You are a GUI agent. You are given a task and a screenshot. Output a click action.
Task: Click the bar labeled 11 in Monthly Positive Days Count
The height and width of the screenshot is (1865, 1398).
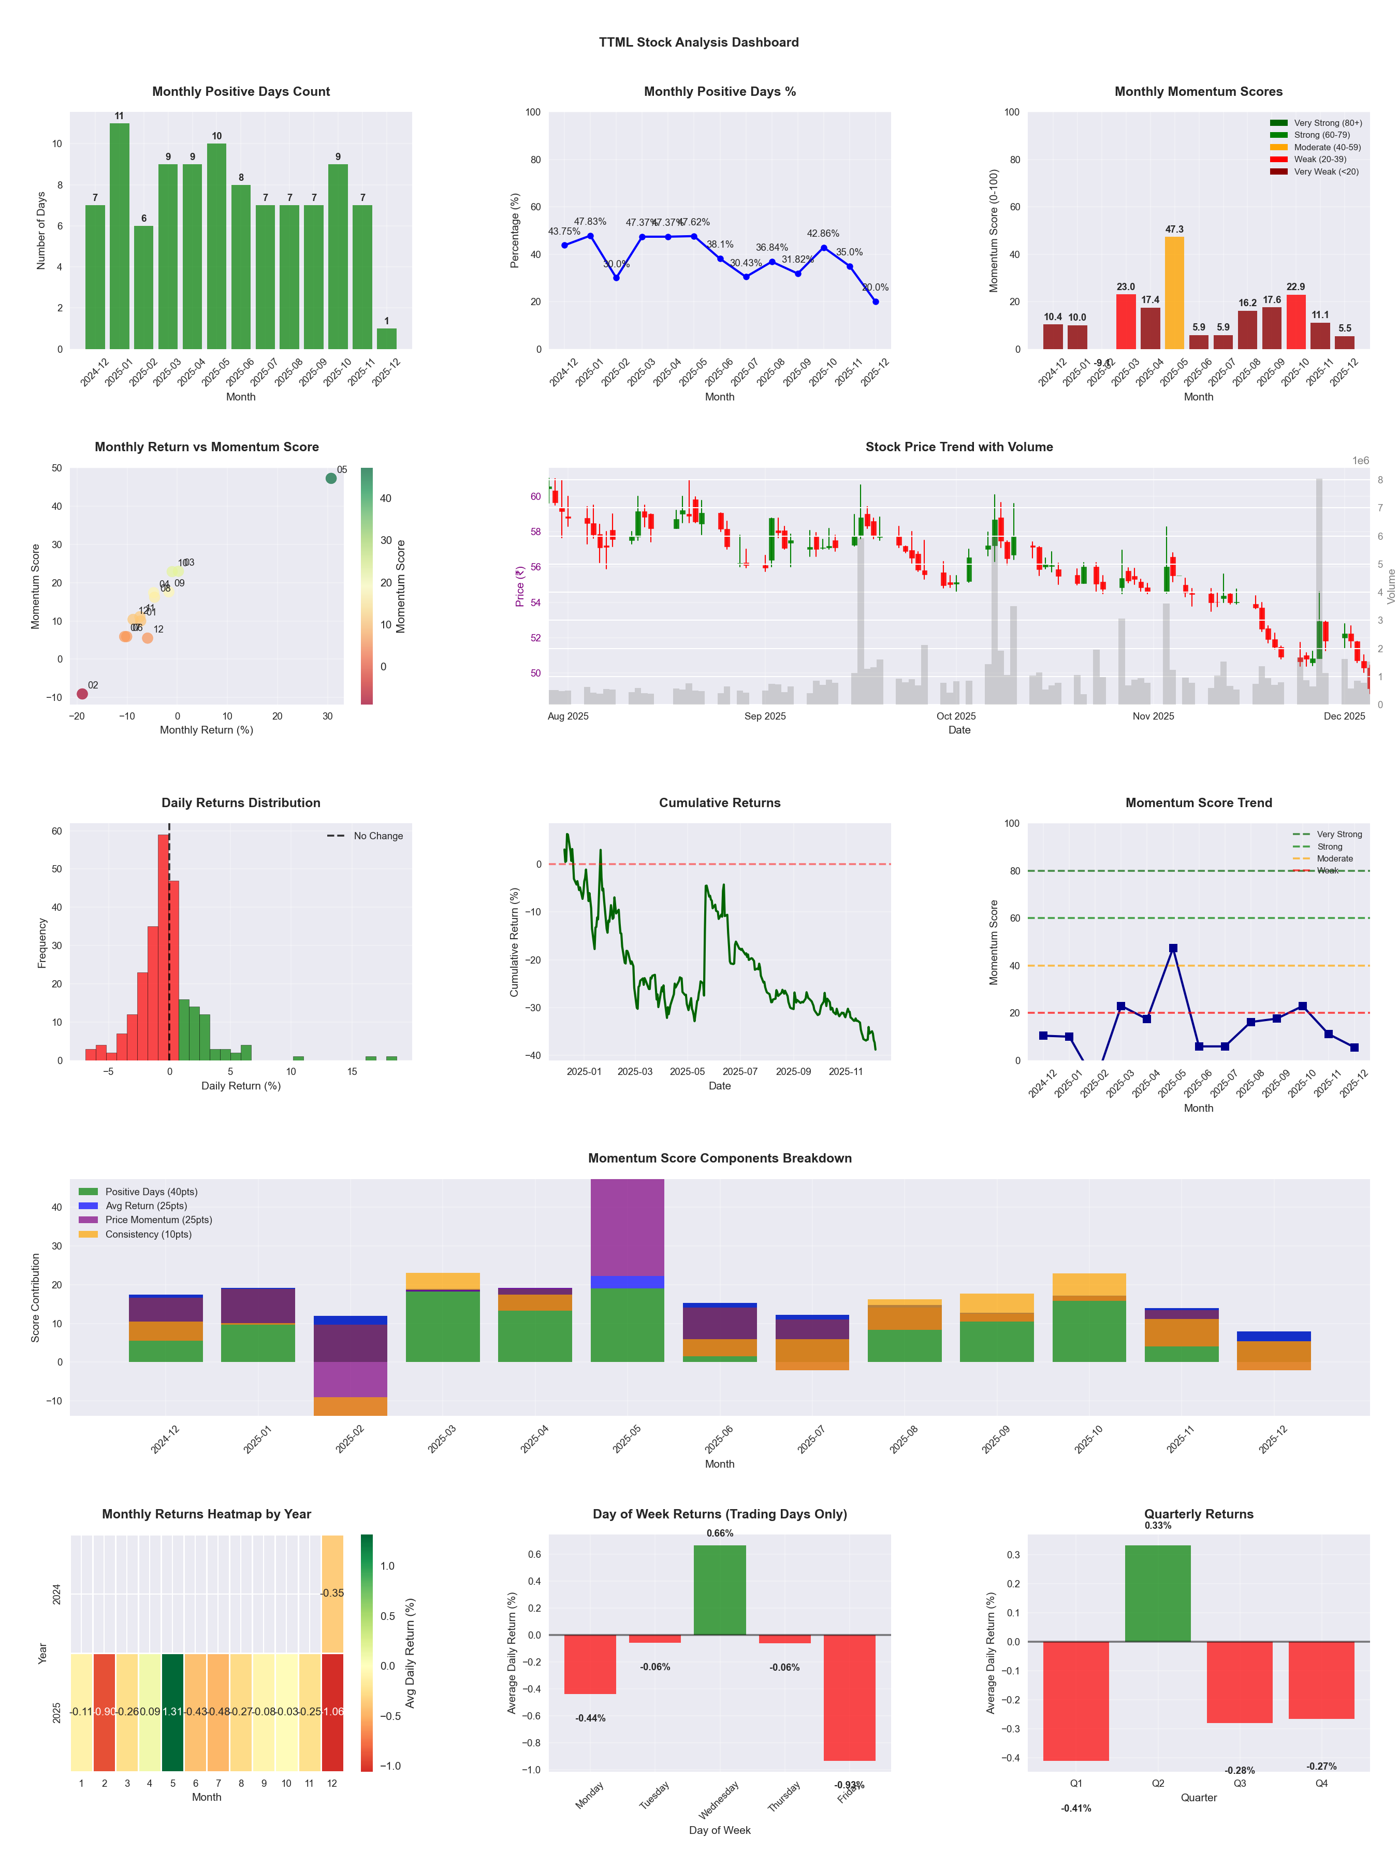[x=120, y=236]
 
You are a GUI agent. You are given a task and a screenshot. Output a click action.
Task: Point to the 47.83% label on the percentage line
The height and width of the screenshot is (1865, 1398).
[x=590, y=222]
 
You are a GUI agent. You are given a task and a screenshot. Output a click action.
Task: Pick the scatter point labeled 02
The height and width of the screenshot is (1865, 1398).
[x=82, y=694]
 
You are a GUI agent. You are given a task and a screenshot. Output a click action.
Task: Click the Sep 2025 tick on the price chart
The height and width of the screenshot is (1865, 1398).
[x=764, y=716]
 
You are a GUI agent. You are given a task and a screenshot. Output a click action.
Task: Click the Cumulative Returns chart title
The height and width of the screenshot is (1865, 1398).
[x=720, y=802]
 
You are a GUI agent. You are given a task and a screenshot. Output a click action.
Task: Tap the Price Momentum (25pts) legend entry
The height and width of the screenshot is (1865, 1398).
[x=146, y=1220]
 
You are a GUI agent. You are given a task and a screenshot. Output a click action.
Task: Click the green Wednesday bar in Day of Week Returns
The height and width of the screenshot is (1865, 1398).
[x=720, y=1589]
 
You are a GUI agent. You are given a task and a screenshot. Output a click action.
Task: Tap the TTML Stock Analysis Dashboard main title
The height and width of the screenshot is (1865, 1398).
[x=698, y=42]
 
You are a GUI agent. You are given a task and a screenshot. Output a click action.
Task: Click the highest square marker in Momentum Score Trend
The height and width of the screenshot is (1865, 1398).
[x=1173, y=949]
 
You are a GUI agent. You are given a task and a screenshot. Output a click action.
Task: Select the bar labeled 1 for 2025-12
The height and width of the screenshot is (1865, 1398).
[x=387, y=339]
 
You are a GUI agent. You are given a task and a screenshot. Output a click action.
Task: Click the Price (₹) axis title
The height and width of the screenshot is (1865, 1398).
[x=520, y=586]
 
